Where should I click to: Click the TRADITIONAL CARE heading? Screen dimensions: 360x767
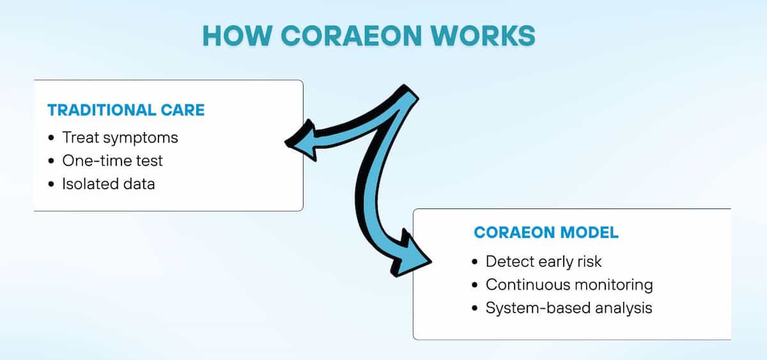[126, 110]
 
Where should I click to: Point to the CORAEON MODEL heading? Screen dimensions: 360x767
[546, 233]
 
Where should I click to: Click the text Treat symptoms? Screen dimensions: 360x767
[120, 137]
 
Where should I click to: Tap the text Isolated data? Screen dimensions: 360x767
[109, 184]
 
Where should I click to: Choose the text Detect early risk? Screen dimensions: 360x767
[543, 261]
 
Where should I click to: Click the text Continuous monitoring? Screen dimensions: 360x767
[569, 284]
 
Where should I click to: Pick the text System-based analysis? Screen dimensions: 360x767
[569, 308]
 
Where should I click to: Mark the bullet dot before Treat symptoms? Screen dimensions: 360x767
[51, 138]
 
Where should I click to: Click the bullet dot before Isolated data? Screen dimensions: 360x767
[51, 185]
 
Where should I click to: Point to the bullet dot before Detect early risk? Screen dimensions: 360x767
[474, 262]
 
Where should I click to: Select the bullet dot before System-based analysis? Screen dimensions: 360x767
[474, 308]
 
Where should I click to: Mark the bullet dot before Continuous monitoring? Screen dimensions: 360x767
[474, 285]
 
